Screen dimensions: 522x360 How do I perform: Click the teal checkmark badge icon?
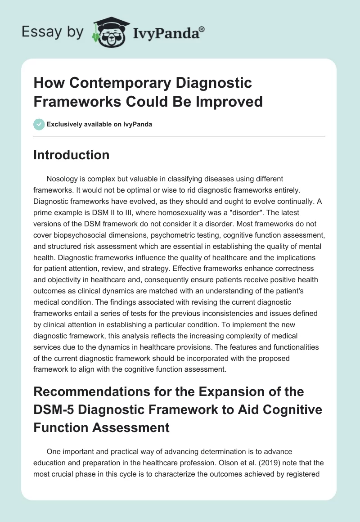coord(39,124)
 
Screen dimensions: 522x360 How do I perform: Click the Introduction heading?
coord(72,155)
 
